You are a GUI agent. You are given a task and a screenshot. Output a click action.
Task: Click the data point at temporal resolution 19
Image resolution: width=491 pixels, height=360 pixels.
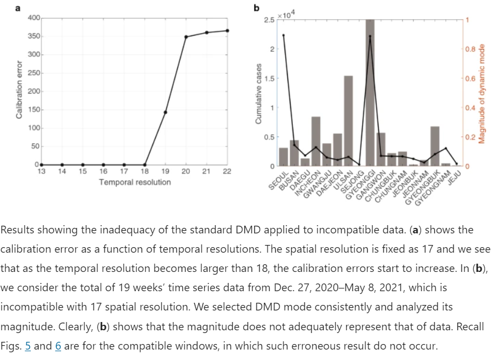click(x=165, y=112)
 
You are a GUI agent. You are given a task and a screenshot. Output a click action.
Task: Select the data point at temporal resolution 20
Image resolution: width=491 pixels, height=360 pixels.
click(x=186, y=37)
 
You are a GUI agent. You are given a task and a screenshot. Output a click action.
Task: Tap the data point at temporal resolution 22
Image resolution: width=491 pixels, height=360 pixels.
click(x=227, y=31)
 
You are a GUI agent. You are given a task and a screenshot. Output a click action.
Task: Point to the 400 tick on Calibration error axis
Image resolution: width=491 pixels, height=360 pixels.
click(x=32, y=18)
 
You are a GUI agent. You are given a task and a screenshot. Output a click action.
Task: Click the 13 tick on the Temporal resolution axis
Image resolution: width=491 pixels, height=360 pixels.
click(x=41, y=172)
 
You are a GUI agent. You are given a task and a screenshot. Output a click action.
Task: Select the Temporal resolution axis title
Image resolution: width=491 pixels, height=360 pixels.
click(x=135, y=182)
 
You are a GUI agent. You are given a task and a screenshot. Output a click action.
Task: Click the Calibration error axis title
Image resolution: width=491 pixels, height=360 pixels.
click(x=19, y=91)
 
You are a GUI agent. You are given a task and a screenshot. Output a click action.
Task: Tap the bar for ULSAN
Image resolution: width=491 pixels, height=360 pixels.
click(x=348, y=121)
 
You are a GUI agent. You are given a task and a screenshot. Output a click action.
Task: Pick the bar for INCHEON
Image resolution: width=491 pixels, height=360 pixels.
click(x=316, y=141)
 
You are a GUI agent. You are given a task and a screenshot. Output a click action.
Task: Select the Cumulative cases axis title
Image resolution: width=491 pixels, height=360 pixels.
click(x=259, y=92)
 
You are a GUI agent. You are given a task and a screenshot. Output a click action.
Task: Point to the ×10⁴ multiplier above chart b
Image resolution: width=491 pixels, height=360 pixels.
click(x=286, y=15)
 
